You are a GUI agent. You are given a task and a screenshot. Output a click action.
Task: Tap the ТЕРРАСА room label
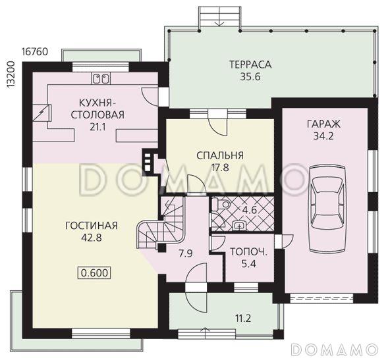250,64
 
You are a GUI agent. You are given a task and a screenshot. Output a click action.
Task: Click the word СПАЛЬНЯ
220,155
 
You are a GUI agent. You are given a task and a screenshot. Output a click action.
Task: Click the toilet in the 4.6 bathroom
224,205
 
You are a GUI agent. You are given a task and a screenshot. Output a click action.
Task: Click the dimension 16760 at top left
34,51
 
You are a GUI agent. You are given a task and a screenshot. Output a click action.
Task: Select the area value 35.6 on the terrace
250,76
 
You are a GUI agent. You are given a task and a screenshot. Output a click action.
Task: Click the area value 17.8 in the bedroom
220,167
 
